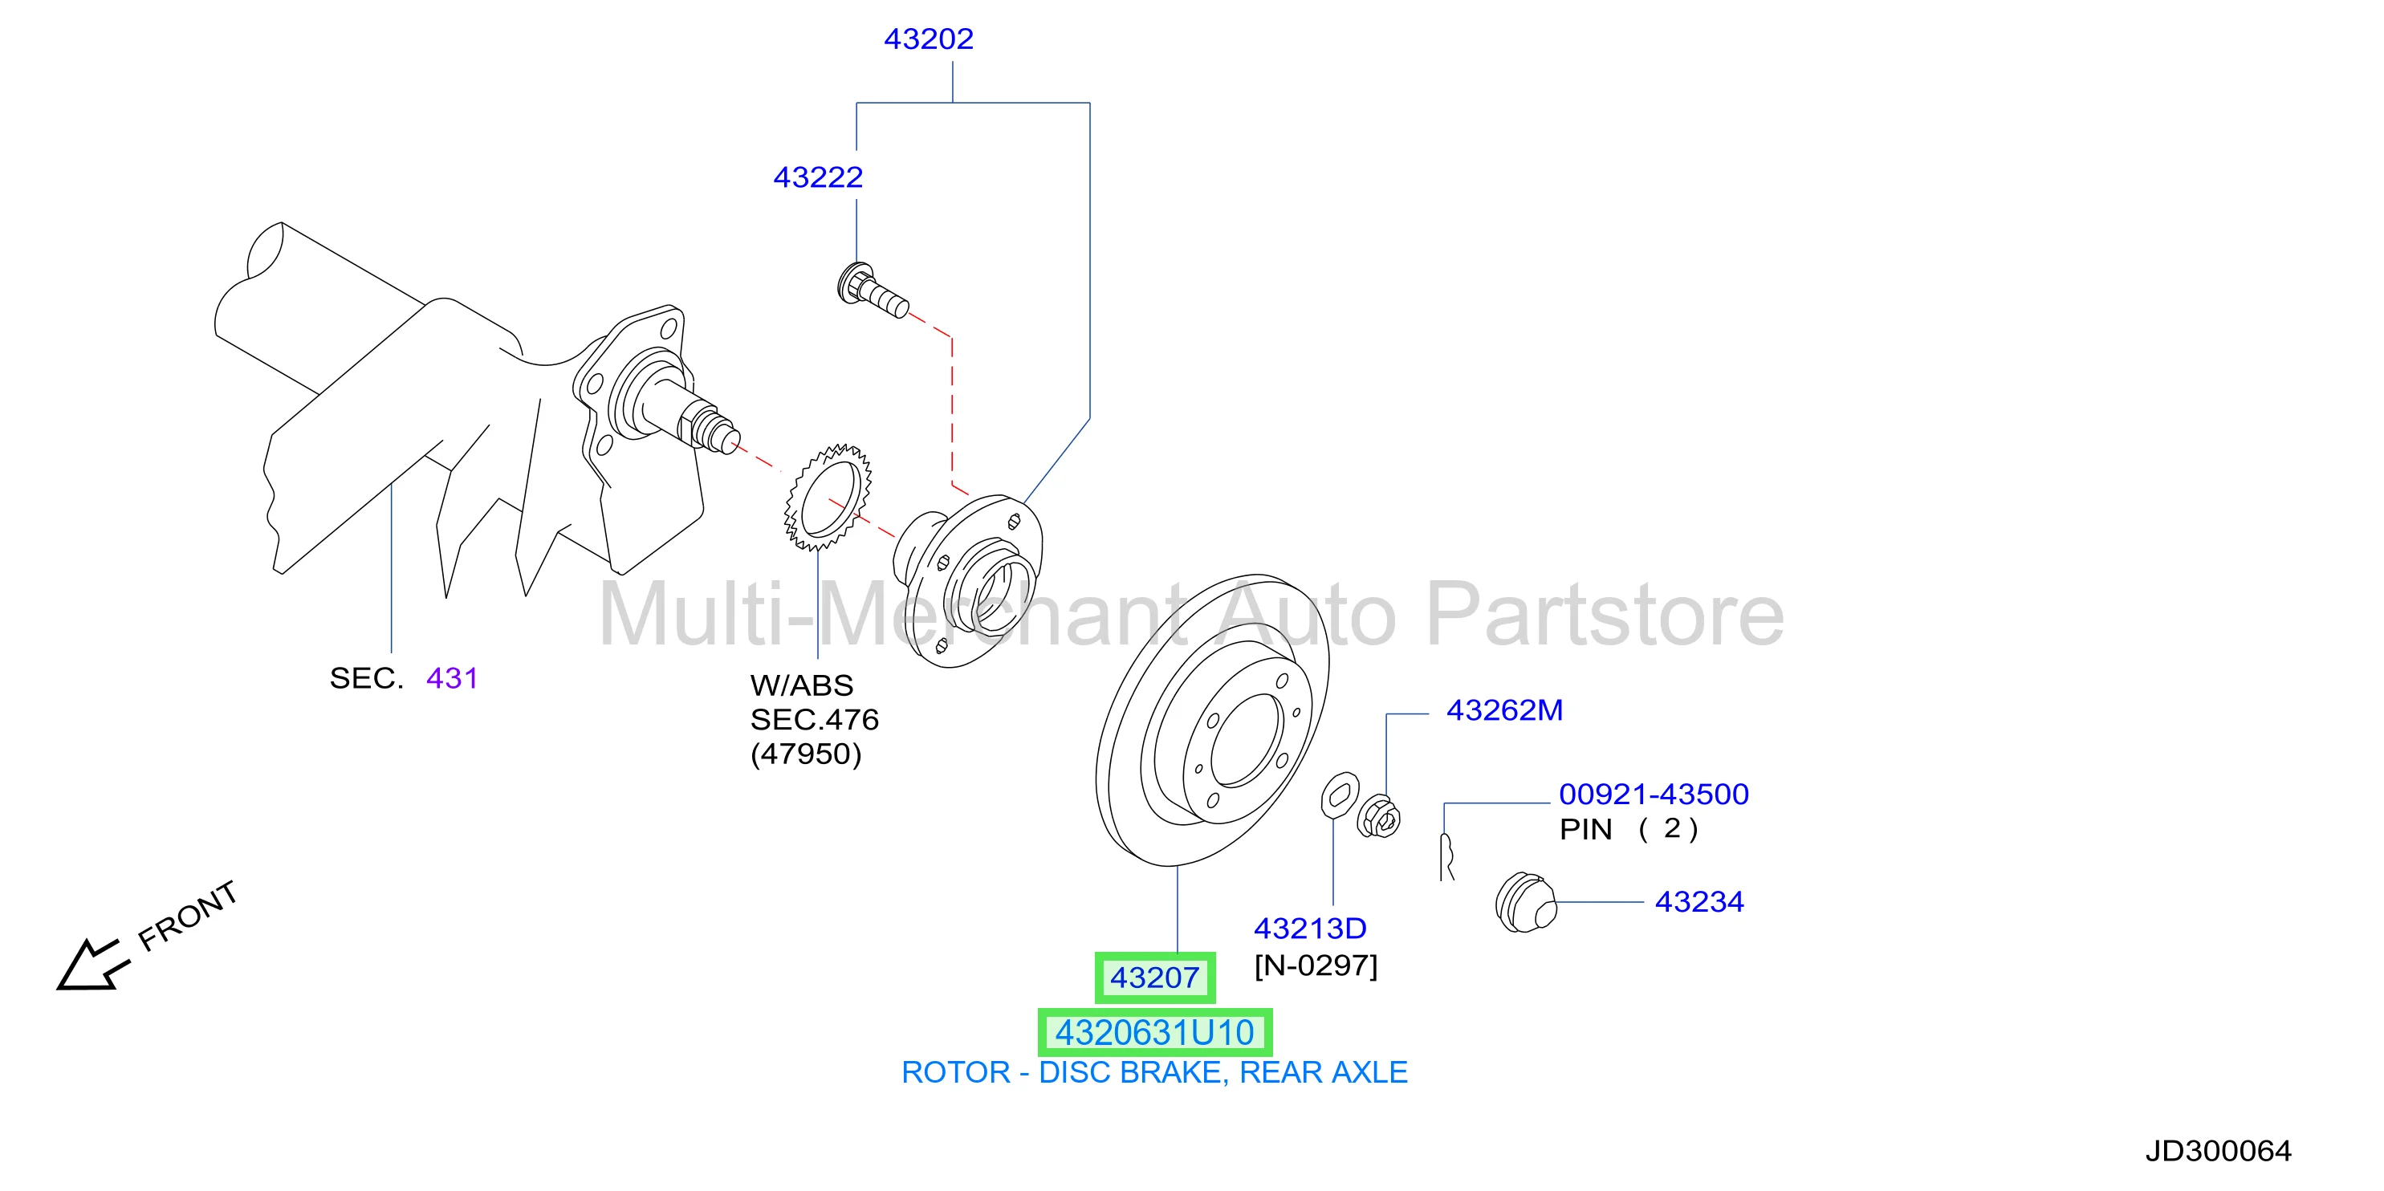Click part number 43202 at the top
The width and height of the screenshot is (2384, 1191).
coord(928,39)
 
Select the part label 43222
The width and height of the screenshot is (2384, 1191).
coord(818,177)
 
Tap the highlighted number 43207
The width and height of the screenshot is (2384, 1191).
coord(1155,978)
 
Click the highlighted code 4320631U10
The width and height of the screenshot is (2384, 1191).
coord(1155,1033)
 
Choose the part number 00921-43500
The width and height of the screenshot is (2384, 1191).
coord(1654,794)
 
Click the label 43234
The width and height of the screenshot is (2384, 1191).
coord(1699,901)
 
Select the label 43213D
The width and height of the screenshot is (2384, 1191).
coord(1309,929)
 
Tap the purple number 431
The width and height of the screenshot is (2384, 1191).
coord(452,678)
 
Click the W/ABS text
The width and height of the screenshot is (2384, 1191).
coord(801,685)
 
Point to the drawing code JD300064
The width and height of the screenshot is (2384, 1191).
coord(2219,1150)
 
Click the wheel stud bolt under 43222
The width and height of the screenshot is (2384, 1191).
coord(873,291)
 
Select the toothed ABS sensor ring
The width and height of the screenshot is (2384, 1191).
coord(828,497)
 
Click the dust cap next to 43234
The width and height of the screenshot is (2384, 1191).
coord(1526,902)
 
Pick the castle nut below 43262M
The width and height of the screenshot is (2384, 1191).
coord(1378,815)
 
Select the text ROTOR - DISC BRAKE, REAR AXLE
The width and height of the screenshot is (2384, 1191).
coord(1154,1072)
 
